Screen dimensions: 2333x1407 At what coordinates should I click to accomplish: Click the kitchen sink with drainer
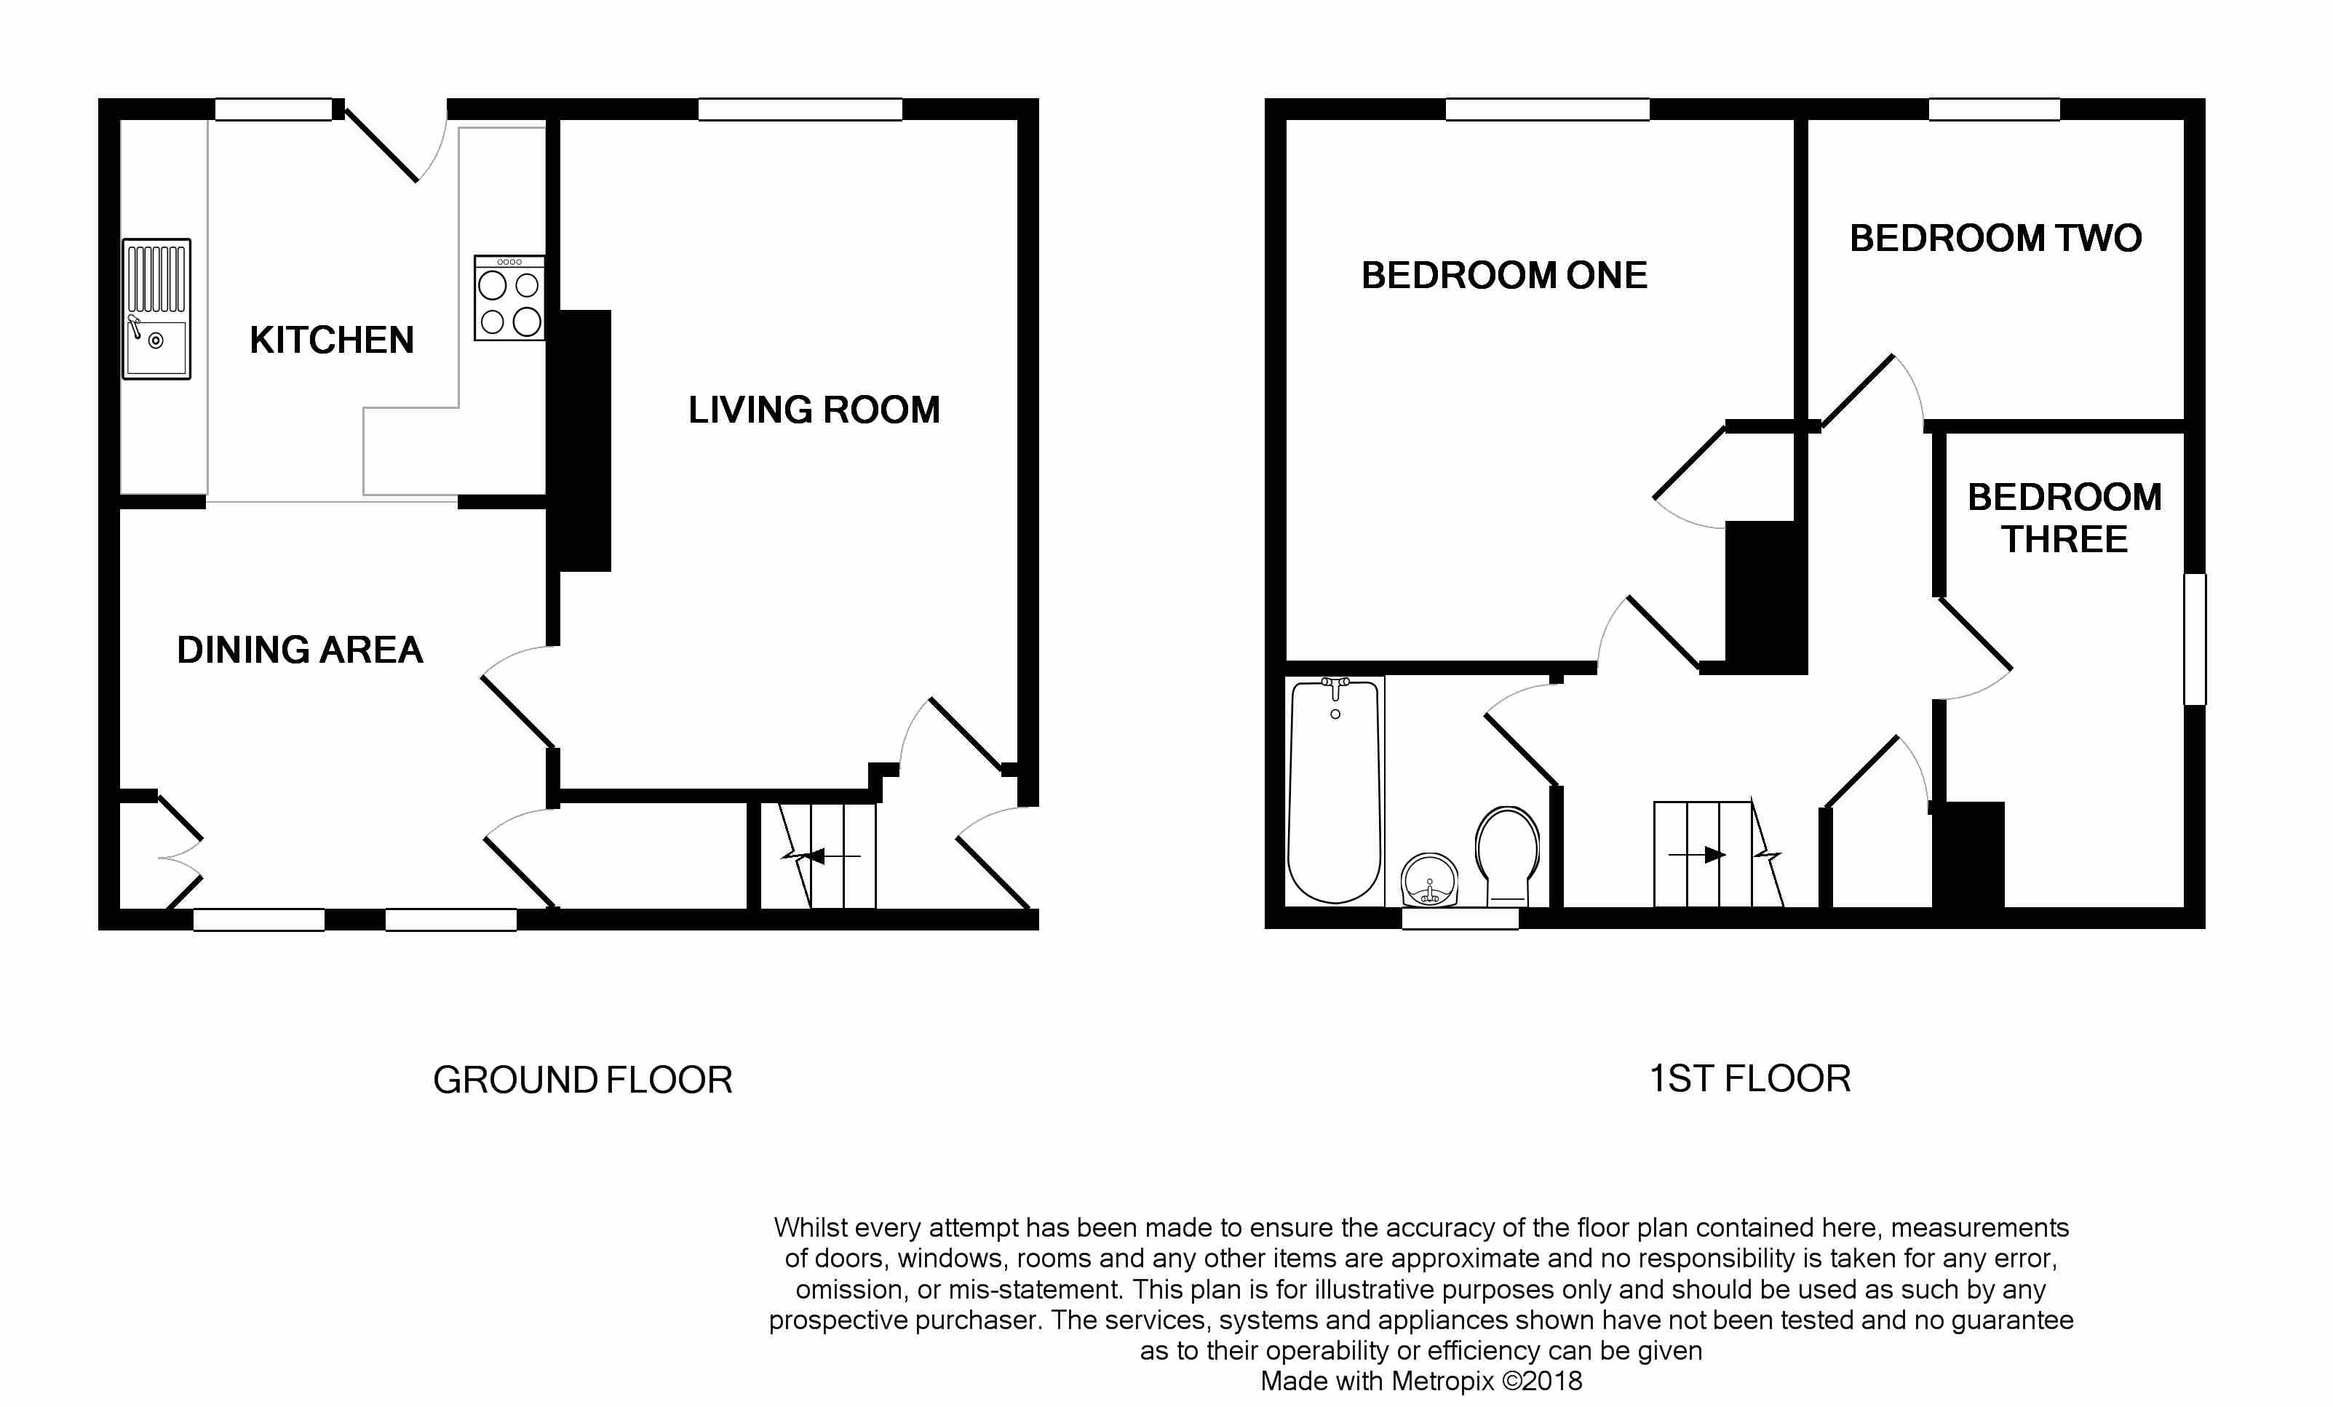tap(156, 308)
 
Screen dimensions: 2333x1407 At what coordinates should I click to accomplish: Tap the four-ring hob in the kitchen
tap(509, 298)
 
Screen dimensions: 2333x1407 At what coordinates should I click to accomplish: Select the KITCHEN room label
tap(331, 340)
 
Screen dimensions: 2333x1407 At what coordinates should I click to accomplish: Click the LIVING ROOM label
tap(814, 410)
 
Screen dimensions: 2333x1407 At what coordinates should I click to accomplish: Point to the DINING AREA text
tap(299, 650)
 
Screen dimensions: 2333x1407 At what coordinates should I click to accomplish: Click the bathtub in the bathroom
tap(1335, 791)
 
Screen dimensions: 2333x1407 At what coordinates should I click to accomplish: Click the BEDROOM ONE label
tap(1505, 276)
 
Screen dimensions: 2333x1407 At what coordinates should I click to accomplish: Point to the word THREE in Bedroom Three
tap(2065, 540)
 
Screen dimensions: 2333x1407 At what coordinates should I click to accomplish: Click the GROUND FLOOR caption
tap(582, 1080)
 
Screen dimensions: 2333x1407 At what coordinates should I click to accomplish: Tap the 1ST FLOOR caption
tap(1749, 1078)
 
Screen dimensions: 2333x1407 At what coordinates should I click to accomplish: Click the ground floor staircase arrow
tap(822, 857)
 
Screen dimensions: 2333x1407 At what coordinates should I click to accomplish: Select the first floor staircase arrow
tap(1697, 855)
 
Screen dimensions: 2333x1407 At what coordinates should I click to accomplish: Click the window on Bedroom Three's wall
tap(2195, 639)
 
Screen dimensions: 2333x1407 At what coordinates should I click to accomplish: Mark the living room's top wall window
tap(800, 110)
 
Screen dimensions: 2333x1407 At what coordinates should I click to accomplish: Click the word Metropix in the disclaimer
tap(1443, 1382)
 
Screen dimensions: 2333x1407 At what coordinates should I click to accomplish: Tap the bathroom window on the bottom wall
tap(1460, 918)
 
